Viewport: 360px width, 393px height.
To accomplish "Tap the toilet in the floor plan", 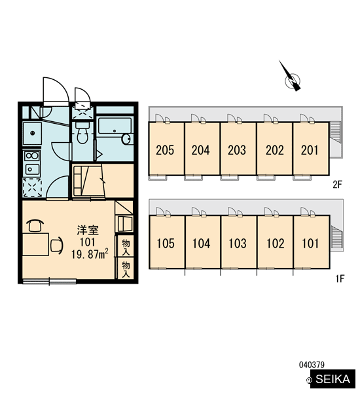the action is (x=82, y=133).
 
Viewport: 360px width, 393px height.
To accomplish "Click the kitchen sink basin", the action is (x=32, y=134).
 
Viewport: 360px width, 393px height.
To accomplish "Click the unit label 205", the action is (x=165, y=150).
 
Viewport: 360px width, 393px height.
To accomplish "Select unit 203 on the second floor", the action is (x=238, y=149).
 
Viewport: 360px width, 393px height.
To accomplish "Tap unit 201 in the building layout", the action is (x=311, y=149).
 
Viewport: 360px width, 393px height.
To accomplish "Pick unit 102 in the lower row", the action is (x=275, y=242).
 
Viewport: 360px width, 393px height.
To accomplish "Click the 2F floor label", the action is (x=338, y=185).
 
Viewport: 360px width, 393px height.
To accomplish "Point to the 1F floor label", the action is (x=340, y=278).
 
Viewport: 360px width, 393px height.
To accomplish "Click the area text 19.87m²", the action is (x=90, y=254).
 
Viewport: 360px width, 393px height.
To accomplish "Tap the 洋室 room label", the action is (x=88, y=230).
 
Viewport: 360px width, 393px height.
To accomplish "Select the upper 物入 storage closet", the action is (x=125, y=247).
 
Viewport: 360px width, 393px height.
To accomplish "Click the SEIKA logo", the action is (x=333, y=379).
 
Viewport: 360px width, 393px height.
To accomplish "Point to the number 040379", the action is (x=312, y=365).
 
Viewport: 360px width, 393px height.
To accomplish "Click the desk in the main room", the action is (x=35, y=244).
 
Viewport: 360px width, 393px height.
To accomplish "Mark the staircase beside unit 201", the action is (x=335, y=132).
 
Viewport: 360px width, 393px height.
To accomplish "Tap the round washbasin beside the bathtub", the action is (x=126, y=139).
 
